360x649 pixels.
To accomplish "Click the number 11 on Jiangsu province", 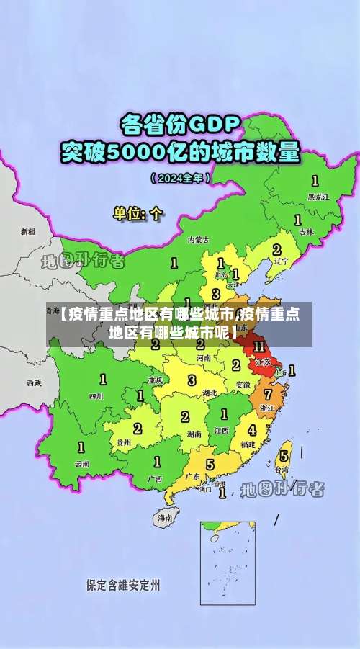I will pos(259,346).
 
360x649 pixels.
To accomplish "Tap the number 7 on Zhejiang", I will pos(268,395).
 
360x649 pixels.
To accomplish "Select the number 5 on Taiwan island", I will pos(284,455).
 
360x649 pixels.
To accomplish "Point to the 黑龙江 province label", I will pos(318,196).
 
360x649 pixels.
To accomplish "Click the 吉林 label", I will pos(307,231).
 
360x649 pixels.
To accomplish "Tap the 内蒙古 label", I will pos(198,239).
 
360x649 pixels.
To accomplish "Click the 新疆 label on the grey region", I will pos(27,232).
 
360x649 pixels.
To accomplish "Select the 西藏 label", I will pos(34,382).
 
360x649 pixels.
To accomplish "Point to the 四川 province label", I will pos(96,395).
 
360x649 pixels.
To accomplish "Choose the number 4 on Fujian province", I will pos(251,430).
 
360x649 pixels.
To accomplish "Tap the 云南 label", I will pos(82,464).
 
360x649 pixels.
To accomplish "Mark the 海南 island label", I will pos(165,517).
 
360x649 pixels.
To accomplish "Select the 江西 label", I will pos(221,430).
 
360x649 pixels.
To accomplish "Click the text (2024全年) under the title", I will pos(180,177).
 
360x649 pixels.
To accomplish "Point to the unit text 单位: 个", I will pos(138,213).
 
